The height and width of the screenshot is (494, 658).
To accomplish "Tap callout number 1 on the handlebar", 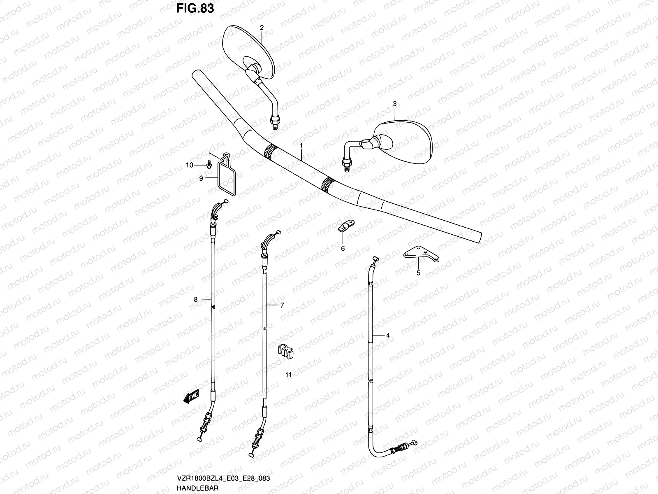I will coord(301,146).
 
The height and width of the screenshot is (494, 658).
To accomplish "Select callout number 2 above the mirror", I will coord(262,28).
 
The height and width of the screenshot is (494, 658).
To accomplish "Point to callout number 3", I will coord(395,104).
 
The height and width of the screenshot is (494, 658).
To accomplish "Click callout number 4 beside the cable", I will coord(388,336).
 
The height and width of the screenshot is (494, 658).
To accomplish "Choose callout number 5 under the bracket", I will coord(419,273).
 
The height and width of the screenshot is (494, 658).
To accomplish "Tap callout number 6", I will coord(343,248).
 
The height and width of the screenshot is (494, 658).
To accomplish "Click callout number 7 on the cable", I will coord(282,305).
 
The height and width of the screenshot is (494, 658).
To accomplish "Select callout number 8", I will coord(196,299).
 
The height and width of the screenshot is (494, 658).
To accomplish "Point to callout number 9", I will coord(201,178).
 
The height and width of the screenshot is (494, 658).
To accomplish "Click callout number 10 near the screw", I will coord(189,165).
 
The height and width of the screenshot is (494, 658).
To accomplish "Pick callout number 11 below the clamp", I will coord(289,375).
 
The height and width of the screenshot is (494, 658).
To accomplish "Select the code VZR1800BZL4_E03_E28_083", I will coord(223,478).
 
